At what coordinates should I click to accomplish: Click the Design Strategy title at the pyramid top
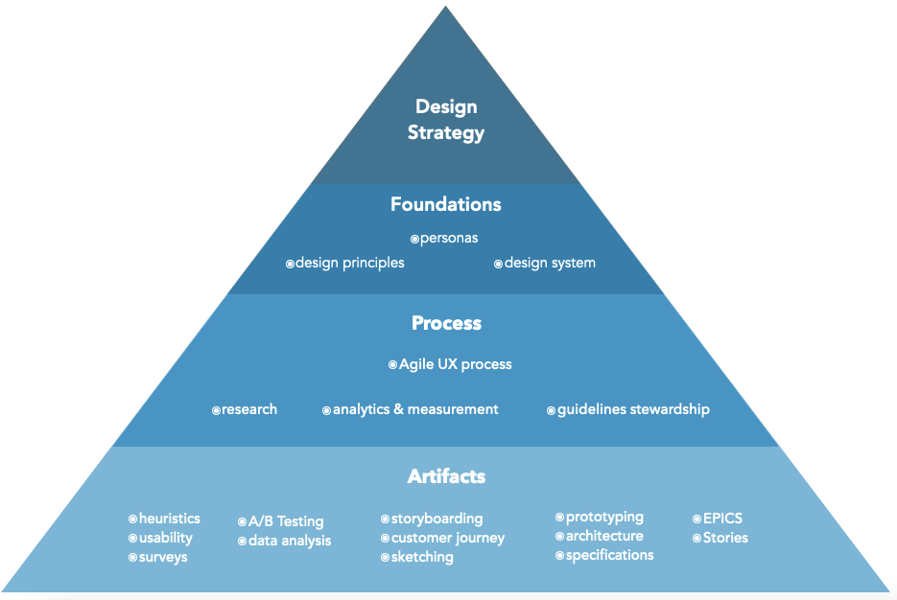point(446,120)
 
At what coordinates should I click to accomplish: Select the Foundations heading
point(446,204)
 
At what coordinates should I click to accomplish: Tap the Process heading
point(446,323)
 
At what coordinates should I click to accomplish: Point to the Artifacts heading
point(446,476)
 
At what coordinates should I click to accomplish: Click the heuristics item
point(169,519)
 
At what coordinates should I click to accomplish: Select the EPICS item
point(722,519)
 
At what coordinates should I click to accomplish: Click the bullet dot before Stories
point(696,539)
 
